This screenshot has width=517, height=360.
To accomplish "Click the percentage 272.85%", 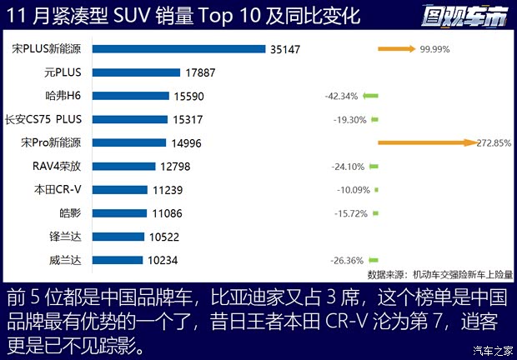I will click(x=494, y=142).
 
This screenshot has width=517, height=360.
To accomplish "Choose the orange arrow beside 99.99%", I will click(x=396, y=49).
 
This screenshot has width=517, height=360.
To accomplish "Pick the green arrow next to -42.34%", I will click(x=371, y=96).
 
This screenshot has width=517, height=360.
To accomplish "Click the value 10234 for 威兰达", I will click(x=163, y=260).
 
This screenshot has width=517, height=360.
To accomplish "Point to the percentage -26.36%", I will click(x=349, y=260).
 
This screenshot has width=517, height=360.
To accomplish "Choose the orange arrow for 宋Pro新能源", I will click(x=425, y=142).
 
